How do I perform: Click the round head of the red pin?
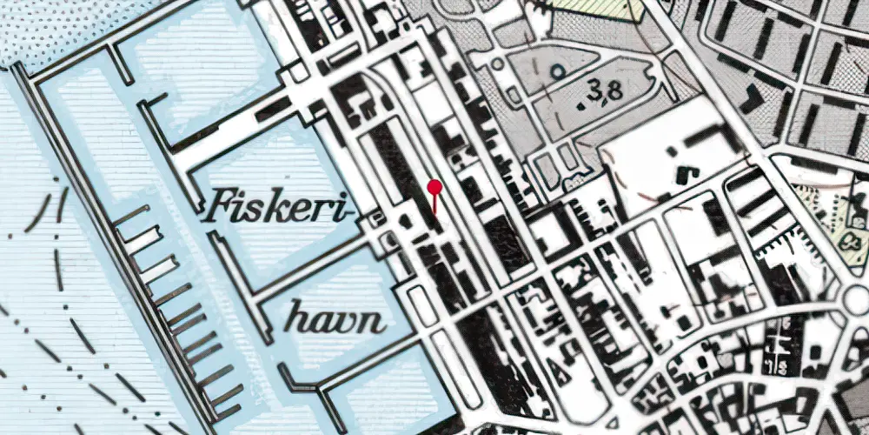pos(434,185)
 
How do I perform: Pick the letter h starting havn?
pos(297,320)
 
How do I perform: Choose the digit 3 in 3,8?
pos(593,89)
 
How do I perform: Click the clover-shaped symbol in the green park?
pos(851,236)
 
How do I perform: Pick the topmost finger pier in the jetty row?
pos(130,214)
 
